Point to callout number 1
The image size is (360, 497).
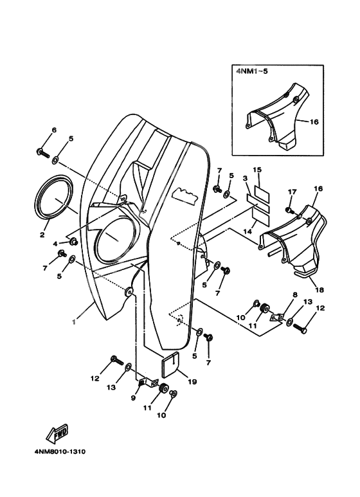point(74,322)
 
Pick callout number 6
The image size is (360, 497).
point(53,130)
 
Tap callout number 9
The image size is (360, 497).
point(134,399)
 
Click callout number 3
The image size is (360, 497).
point(245,177)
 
